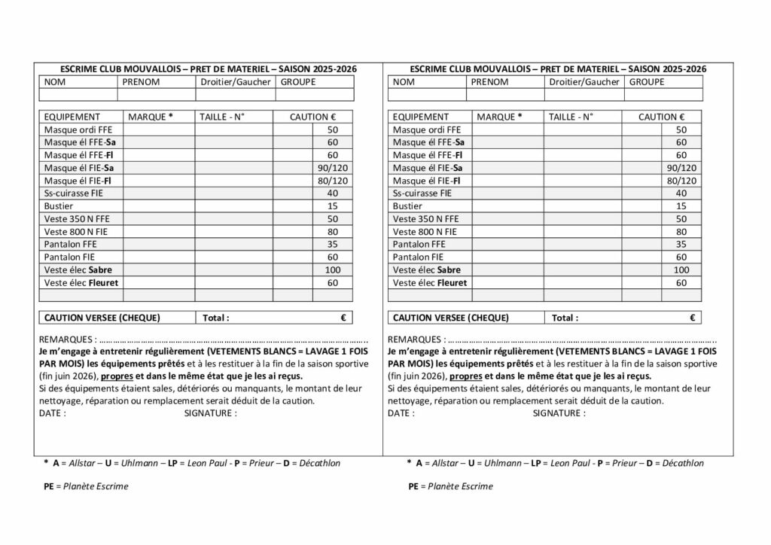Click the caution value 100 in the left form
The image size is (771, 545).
point(333,269)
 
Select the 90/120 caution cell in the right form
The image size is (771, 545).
point(681,168)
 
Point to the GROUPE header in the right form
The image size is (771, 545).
point(646,82)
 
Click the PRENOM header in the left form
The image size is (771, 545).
point(141,82)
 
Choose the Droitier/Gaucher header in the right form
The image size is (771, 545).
point(584,82)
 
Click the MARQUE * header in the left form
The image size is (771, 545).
point(151,117)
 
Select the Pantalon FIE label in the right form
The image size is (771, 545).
point(419,257)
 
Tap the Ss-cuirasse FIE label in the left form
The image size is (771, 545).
point(74,193)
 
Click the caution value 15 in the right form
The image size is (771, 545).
point(681,206)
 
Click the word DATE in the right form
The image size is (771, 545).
point(401,413)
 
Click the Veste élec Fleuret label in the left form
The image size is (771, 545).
point(81,283)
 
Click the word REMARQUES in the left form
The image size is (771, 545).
point(66,339)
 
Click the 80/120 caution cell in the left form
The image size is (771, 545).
point(333,181)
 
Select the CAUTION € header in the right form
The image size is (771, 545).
point(662,117)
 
